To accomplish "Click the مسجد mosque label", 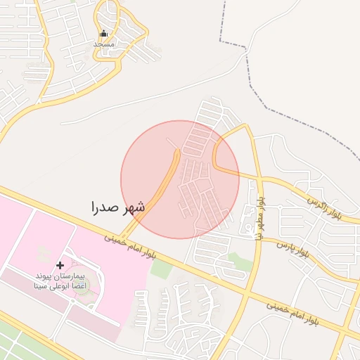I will (104, 44).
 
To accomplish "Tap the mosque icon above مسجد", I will (104, 34).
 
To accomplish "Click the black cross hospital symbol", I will (60, 265).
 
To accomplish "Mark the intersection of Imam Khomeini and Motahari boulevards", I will (243, 293).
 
